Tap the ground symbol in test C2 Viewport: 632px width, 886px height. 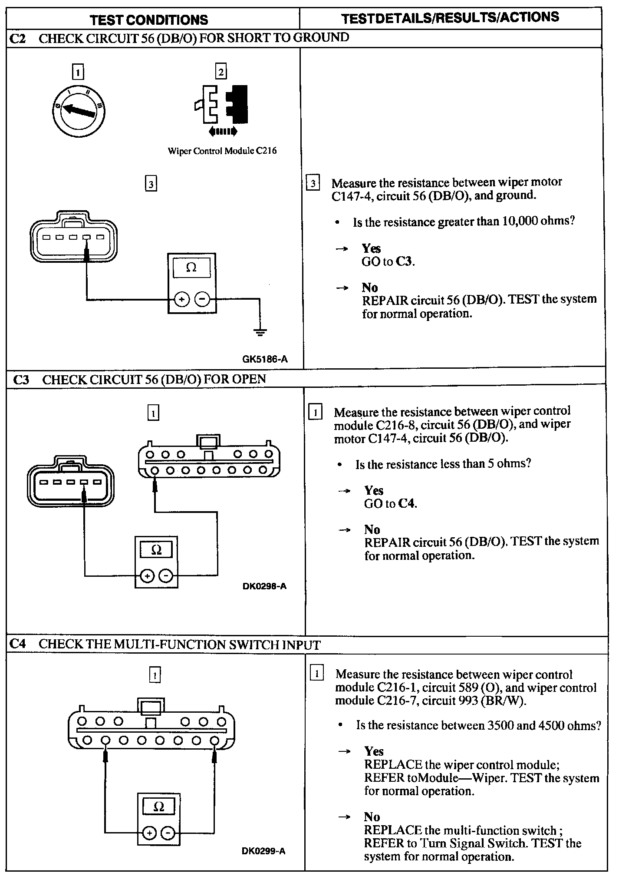260,333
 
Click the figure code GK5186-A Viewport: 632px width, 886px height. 265,359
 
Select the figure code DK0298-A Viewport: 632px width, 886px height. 264,586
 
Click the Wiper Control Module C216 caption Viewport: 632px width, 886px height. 222,151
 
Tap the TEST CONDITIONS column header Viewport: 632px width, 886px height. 149,20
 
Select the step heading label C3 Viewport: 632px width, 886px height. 21,380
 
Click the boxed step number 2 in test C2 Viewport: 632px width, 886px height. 221,72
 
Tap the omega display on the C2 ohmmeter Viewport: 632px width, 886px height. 191,268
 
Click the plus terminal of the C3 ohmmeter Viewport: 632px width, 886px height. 148,576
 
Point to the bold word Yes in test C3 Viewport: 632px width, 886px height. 374,490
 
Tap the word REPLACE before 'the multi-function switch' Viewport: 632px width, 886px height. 393,830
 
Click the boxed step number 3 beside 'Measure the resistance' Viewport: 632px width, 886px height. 313,183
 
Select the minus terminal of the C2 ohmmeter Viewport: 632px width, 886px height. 202,299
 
